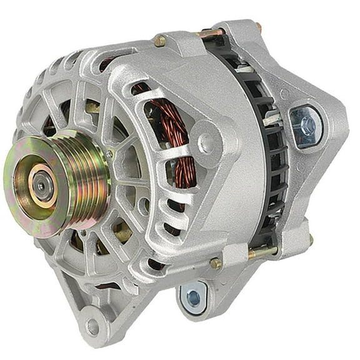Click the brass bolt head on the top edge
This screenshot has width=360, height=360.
click(x=161, y=41)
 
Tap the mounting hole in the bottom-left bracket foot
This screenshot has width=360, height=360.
click(x=94, y=326)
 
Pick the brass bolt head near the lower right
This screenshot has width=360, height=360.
click(x=215, y=263)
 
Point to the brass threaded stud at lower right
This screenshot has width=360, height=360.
click(x=262, y=252)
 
